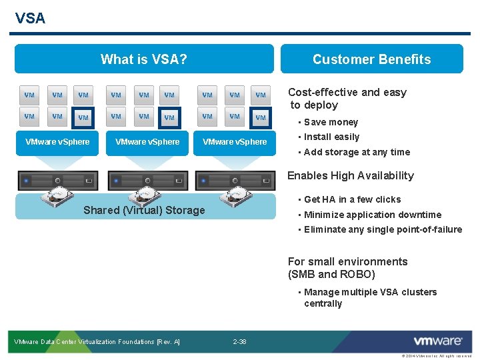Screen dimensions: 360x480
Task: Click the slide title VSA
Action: click(x=30, y=18)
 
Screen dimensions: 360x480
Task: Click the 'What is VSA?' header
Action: click(x=143, y=59)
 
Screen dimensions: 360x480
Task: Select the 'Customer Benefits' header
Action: click(x=371, y=59)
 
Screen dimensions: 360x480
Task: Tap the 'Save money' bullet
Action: click(x=331, y=122)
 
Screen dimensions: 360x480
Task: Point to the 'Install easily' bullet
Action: click(x=331, y=137)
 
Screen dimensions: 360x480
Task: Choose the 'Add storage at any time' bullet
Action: click(x=357, y=152)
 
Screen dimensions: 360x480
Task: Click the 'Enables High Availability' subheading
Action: click(x=350, y=175)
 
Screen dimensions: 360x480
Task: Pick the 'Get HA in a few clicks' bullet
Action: click(x=352, y=199)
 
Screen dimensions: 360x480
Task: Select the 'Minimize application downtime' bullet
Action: click(x=372, y=215)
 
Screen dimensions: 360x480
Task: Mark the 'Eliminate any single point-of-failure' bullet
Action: click(x=383, y=229)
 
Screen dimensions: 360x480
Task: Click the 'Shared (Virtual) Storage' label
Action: click(x=144, y=210)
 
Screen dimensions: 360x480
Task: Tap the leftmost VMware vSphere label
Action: click(x=57, y=141)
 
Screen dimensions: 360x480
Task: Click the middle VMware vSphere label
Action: click(x=147, y=141)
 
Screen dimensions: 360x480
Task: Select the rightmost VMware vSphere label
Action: click(x=235, y=141)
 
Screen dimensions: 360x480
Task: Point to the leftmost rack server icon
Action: click(x=57, y=180)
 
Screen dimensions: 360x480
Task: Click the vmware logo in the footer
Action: click(x=437, y=341)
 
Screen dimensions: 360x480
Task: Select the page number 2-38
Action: click(x=239, y=342)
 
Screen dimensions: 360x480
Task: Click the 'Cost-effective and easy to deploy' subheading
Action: click(x=347, y=98)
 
